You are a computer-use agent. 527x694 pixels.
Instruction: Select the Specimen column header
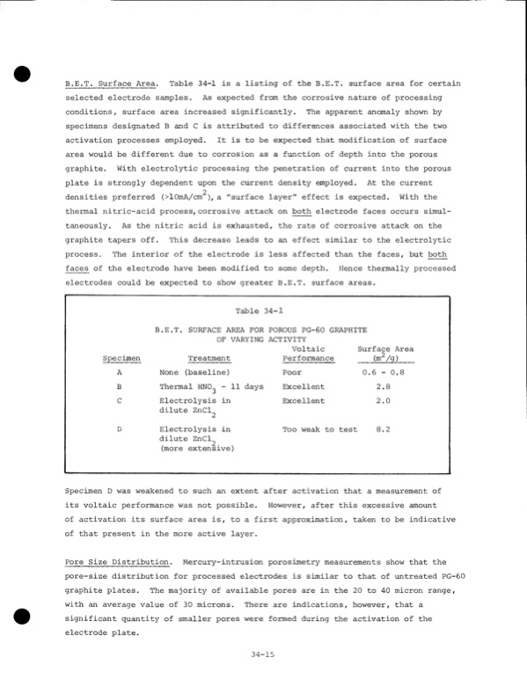pyautogui.click(x=121, y=359)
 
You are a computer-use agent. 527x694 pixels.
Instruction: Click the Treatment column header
pyautogui.click(x=209, y=359)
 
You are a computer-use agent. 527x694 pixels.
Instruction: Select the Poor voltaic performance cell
pyautogui.click(x=292, y=373)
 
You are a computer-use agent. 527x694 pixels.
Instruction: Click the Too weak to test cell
pyautogui.click(x=319, y=429)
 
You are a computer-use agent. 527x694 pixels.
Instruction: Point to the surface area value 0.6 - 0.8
pyautogui.click(x=383, y=373)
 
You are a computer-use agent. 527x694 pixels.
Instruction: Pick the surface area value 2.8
pyautogui.click(x=383, y=387)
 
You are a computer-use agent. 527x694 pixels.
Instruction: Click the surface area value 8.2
pyautogui.click(x=383, y=429)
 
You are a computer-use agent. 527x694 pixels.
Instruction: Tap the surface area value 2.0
pyautogui.click(x=383, y=401)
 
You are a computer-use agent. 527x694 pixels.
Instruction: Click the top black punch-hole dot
pyautogui.click(x=24, y=74)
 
